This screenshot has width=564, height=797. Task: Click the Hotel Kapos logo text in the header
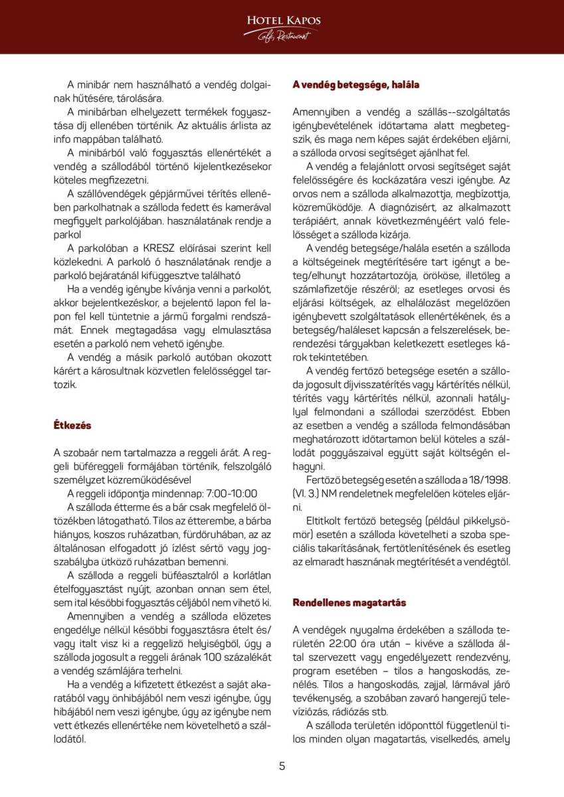click(x=283, y=21)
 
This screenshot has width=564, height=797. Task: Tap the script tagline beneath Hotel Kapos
click(x=284, y=36)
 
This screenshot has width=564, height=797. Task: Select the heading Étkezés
click(x=72, y=425)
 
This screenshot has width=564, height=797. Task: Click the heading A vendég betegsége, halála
click(x=356, y=85)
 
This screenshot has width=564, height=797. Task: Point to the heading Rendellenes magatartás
click(x=349, y=602)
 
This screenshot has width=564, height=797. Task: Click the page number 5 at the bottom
click(x=282, y=766)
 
